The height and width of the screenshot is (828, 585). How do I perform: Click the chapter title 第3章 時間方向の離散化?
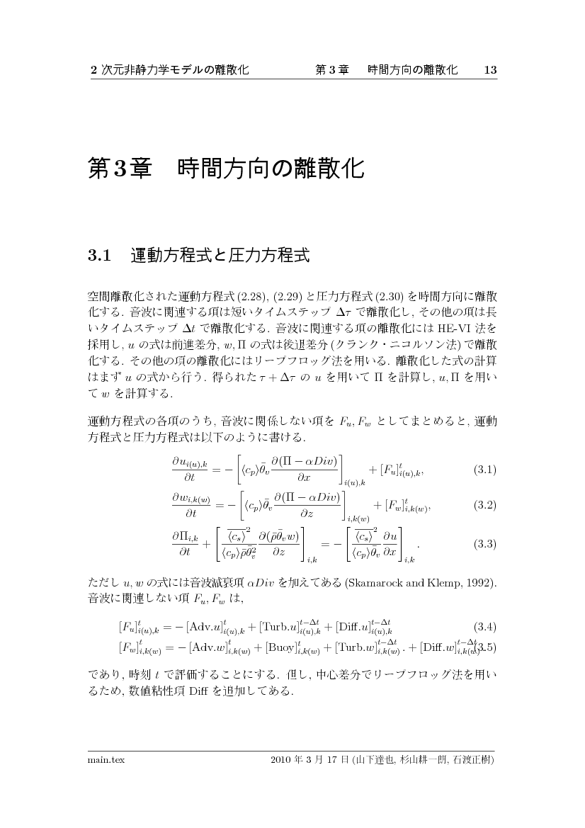tap(225, 169)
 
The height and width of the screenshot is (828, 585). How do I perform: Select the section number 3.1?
tap(100, 256)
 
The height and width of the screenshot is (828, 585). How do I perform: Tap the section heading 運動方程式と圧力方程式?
tap(220, 256)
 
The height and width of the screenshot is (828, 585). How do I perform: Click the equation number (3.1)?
tap(484, 470)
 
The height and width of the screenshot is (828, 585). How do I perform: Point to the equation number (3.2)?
tap(484, 505)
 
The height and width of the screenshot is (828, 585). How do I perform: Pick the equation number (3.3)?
tap(484, 544)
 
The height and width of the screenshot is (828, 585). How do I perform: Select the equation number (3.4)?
tap(484, 627)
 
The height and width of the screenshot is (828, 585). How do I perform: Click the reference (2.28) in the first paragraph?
tap(251, 295)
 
